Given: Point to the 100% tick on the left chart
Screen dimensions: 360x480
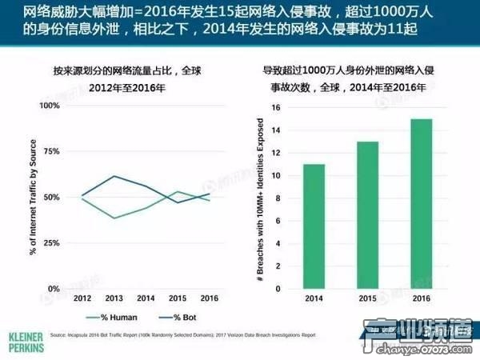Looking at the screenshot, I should [x=49, y=106].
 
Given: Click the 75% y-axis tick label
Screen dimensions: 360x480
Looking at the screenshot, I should [x=51, y=151].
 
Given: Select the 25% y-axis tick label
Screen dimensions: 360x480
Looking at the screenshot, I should [x=51, y=243].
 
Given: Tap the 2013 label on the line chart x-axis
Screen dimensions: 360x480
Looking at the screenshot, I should [x=114, y=298].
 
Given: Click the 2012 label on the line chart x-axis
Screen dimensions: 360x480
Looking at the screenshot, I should [x=82, y=298].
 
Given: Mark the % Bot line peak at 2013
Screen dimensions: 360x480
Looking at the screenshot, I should [x=114, y=176].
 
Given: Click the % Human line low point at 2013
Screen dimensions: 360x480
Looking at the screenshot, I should [x=114, y=218].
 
